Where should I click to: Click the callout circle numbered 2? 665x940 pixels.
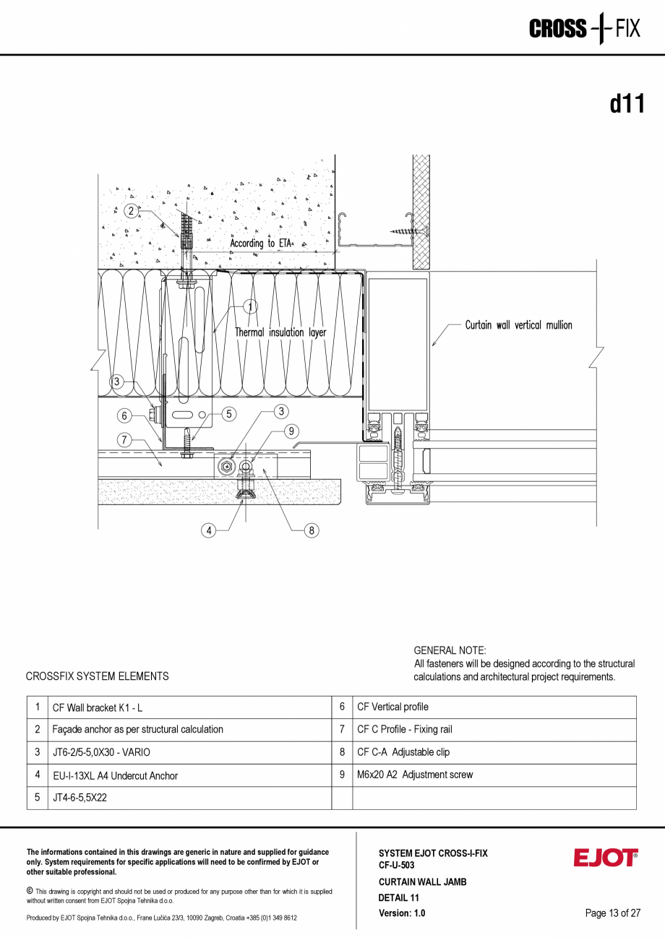click(130, 211)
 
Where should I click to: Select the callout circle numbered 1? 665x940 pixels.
click(250, 307)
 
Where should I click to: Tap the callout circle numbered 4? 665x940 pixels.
click(209, 530)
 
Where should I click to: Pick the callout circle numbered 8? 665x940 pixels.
click(312, 530)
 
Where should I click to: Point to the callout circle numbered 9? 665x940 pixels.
click(291, 431)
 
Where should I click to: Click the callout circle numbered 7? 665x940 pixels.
click(124, 439)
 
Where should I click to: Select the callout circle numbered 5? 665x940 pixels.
click(228, 414)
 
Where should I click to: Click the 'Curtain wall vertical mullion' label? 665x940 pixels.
click(518, 325)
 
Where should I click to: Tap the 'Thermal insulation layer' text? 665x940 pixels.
click(280, 332)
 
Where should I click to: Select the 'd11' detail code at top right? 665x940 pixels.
click(626, 105)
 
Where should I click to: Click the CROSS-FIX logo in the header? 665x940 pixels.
click(584, 29)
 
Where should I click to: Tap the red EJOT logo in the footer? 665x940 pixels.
click(606, 858)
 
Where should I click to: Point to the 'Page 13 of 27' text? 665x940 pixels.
click(612, 913)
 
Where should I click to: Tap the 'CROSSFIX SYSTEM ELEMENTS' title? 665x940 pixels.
click(97, 676)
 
